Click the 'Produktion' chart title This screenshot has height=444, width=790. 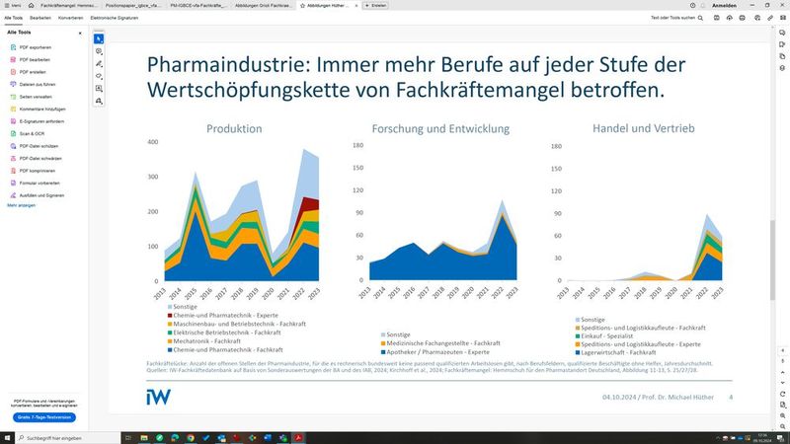234,129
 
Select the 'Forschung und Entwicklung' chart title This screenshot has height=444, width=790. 440,129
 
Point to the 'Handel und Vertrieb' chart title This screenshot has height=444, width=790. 644,129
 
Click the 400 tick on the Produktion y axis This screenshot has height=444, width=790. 151,143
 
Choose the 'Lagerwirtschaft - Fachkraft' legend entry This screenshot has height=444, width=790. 631,352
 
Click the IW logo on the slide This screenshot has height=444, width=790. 158,396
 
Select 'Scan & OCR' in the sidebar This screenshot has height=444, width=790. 32,133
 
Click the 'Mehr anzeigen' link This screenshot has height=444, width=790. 21,205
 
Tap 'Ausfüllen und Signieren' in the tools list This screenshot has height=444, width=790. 42,195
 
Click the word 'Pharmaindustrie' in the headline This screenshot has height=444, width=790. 221,65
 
